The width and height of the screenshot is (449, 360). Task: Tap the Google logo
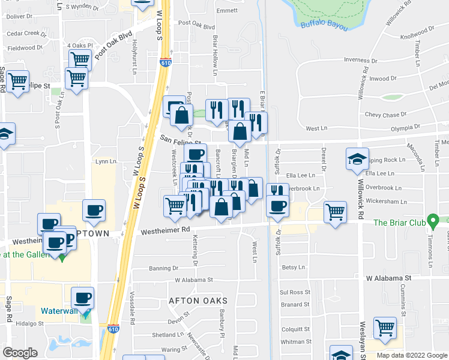(x=20, y=353)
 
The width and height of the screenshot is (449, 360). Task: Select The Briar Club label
(x=399, y=223)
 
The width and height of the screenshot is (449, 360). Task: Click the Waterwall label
(x=60, y=311)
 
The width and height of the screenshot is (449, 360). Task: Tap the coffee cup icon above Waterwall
(x=82, y=297)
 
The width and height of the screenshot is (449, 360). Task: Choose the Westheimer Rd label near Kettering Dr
(x=165, y=230)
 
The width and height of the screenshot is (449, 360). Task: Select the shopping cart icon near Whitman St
(x=384, y=328)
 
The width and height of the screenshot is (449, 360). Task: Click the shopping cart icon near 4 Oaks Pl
(x=79, y=59)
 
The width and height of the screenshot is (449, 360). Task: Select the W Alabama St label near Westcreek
(x=194, y=280)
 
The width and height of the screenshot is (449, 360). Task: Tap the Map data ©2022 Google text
(x=411, y=355)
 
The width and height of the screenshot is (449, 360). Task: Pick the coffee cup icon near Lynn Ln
(x=93, y=210)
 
